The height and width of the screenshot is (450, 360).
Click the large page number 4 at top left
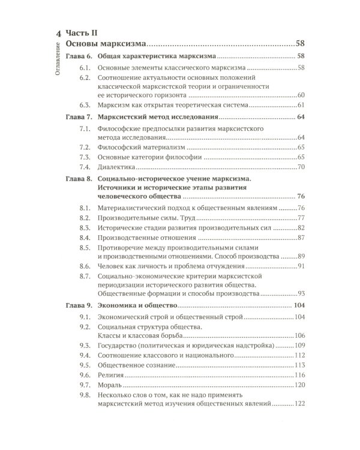(x=58, y=34)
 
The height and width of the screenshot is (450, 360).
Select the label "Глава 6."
(x=77, y=56)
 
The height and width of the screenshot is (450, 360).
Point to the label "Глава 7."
(x=77, y=117)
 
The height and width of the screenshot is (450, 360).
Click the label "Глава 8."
(x=77, y=178)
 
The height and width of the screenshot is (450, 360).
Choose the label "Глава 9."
(x=77, y=305)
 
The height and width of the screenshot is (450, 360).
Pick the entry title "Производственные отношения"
(x=148, y=238)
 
